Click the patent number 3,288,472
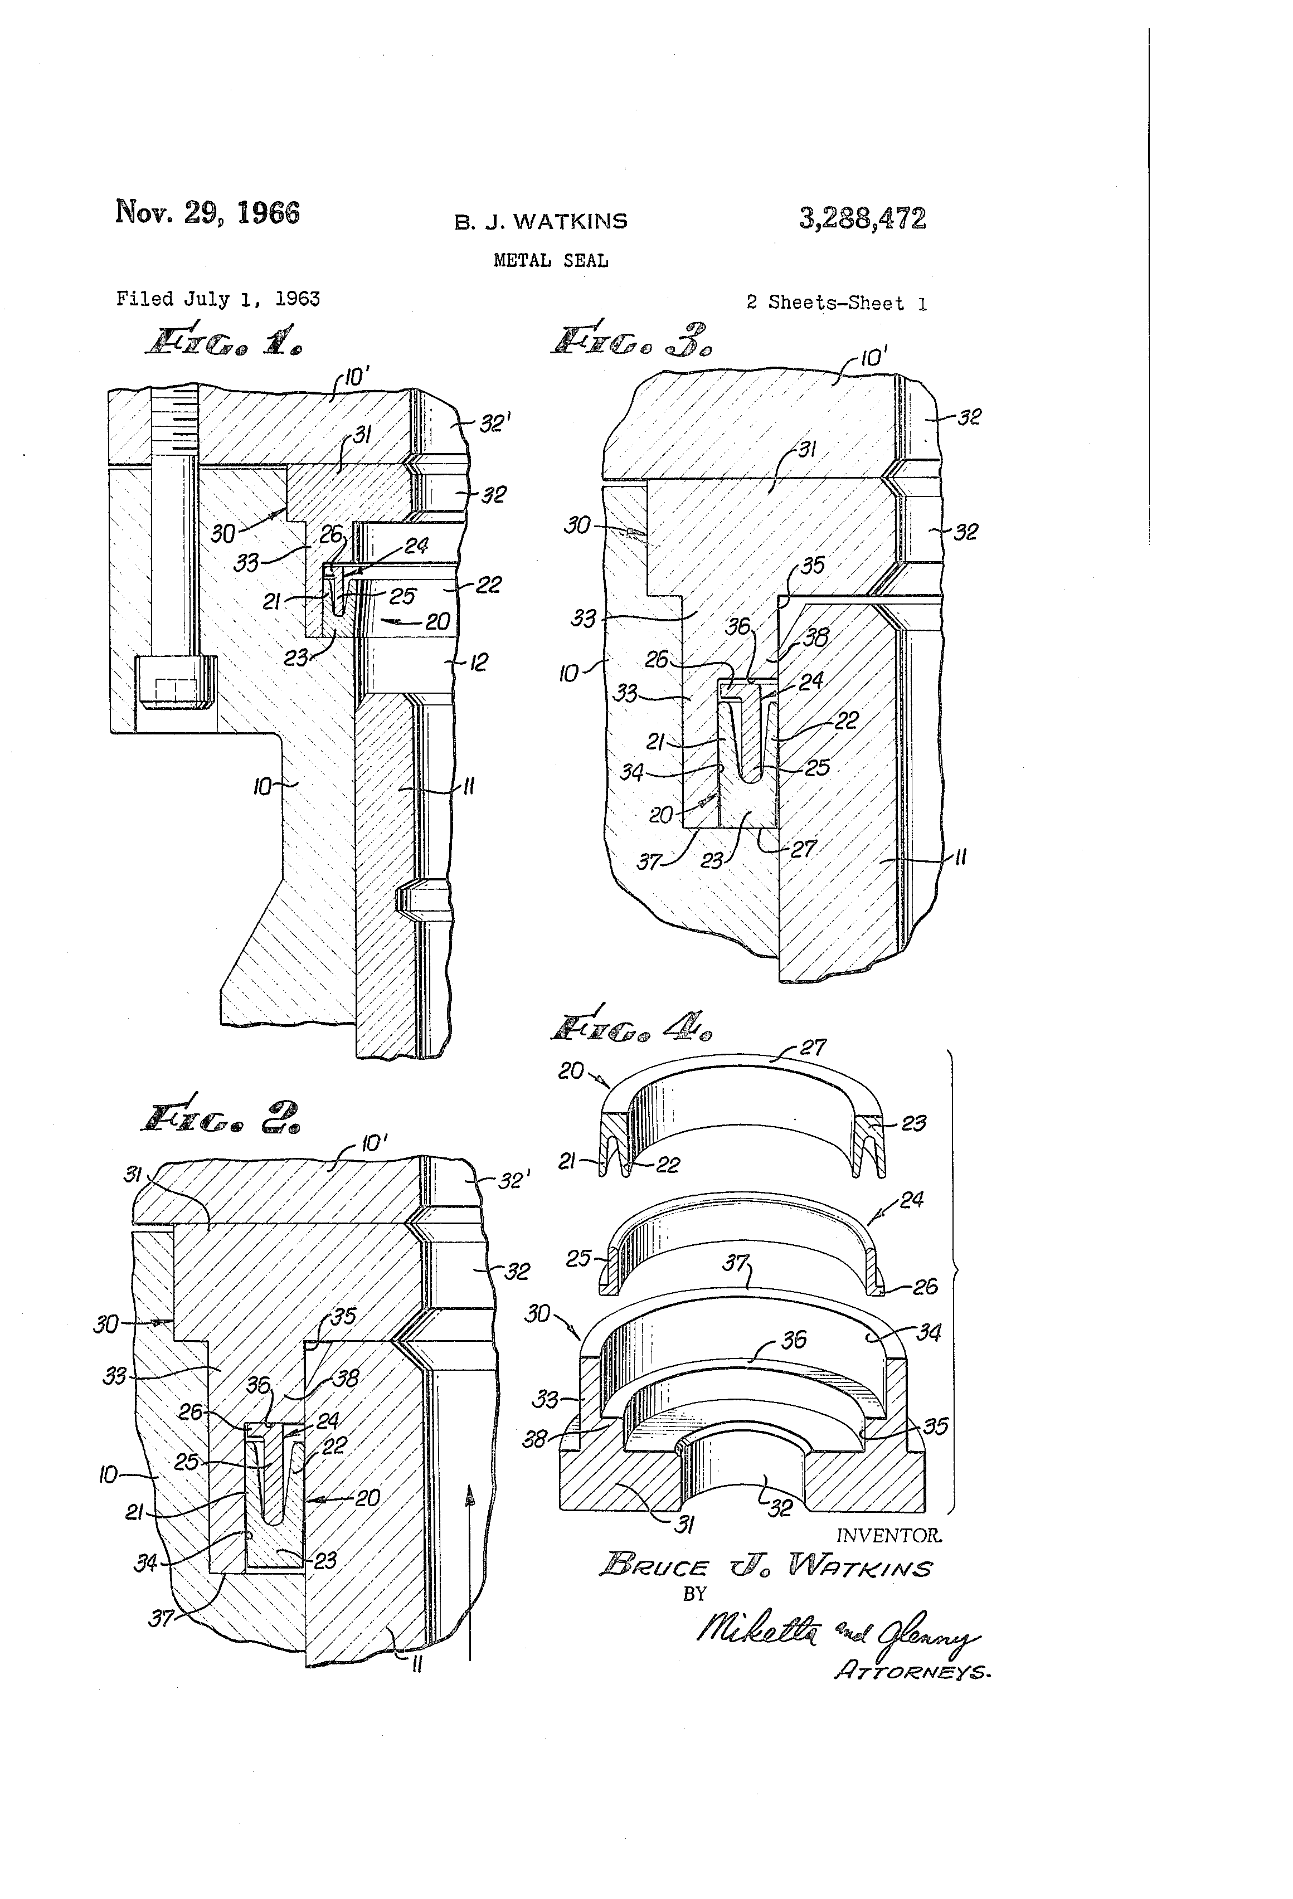(x=862, y=218)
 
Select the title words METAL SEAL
(x=551, y=261)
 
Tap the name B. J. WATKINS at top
(x=541, y=221)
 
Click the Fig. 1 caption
(x=222, y=342)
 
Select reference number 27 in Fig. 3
(x=804, y=849)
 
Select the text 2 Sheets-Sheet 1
(x=836, y=303)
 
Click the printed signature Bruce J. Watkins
(x=766, y=1566)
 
